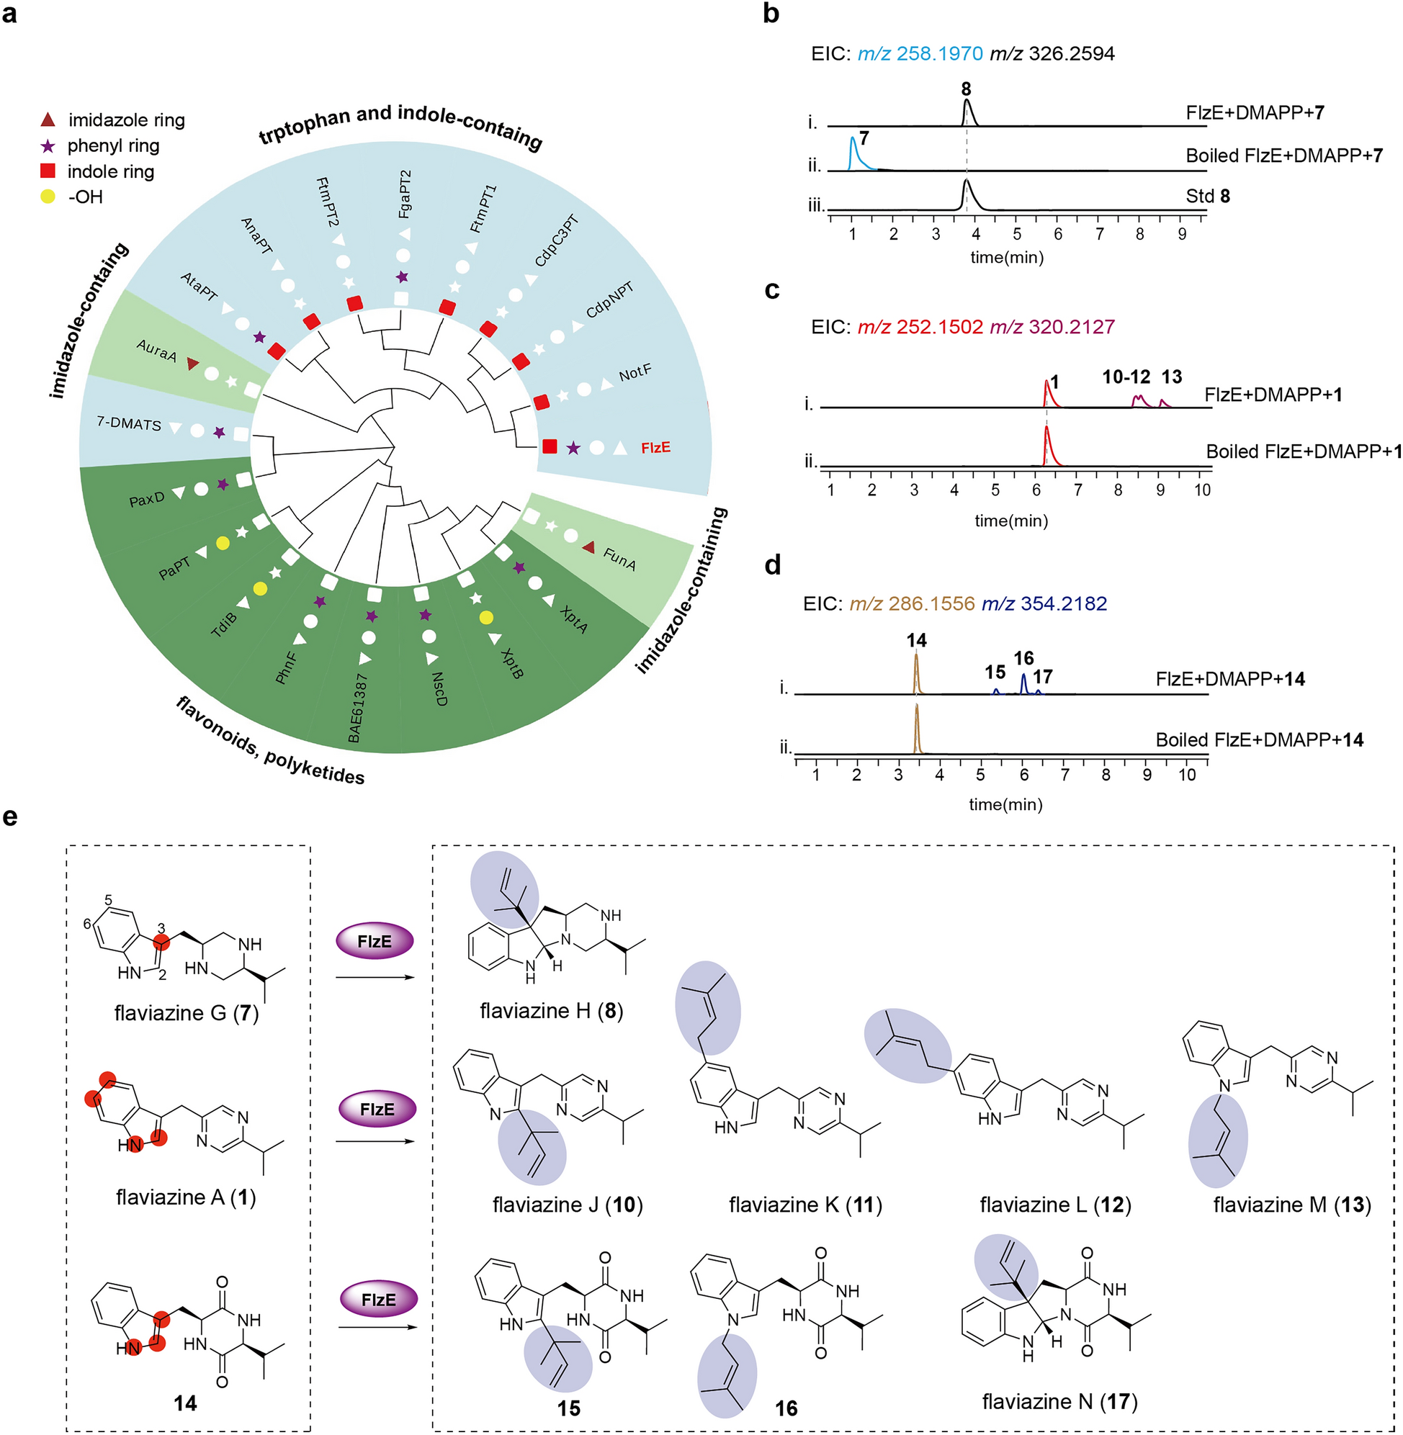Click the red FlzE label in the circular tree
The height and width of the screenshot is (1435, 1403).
tap(655, 448)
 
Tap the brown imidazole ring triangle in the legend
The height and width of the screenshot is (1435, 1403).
tap(47, 120)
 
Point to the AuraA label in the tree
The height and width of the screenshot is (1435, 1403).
tap(156, 351)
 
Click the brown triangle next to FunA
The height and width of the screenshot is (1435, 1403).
tap(588, 546)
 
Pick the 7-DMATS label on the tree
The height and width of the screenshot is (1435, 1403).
tap(129, 423)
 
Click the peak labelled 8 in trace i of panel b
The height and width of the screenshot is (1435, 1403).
tap(967, 112)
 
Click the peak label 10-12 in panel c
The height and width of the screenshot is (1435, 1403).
tap(1126, 377)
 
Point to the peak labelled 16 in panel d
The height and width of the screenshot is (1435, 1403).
tap(1023, 683)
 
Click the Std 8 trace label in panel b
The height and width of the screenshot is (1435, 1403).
tap(1208, 196)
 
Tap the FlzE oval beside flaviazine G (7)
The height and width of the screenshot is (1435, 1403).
tap(375, 942)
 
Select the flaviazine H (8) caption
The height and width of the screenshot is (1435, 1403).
tap(551, 1011)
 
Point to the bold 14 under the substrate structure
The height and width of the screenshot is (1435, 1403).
tap(185, 1403)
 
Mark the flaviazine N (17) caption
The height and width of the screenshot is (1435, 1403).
tap(1059, 1401)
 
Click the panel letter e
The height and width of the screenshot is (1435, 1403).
tap(10, 817)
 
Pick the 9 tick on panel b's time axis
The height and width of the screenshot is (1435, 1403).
tap(1182, 234)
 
